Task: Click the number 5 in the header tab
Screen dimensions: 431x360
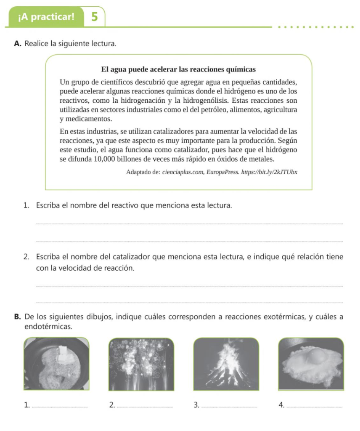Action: coord(95,17)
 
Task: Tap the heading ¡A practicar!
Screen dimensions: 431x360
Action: coord(46,17)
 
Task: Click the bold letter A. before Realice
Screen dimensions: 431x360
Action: coord(17,43)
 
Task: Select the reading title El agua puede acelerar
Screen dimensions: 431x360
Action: coord(179,69)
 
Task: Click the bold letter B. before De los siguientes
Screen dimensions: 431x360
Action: coord(17,317)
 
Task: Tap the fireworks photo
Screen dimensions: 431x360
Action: coord(141,364)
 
